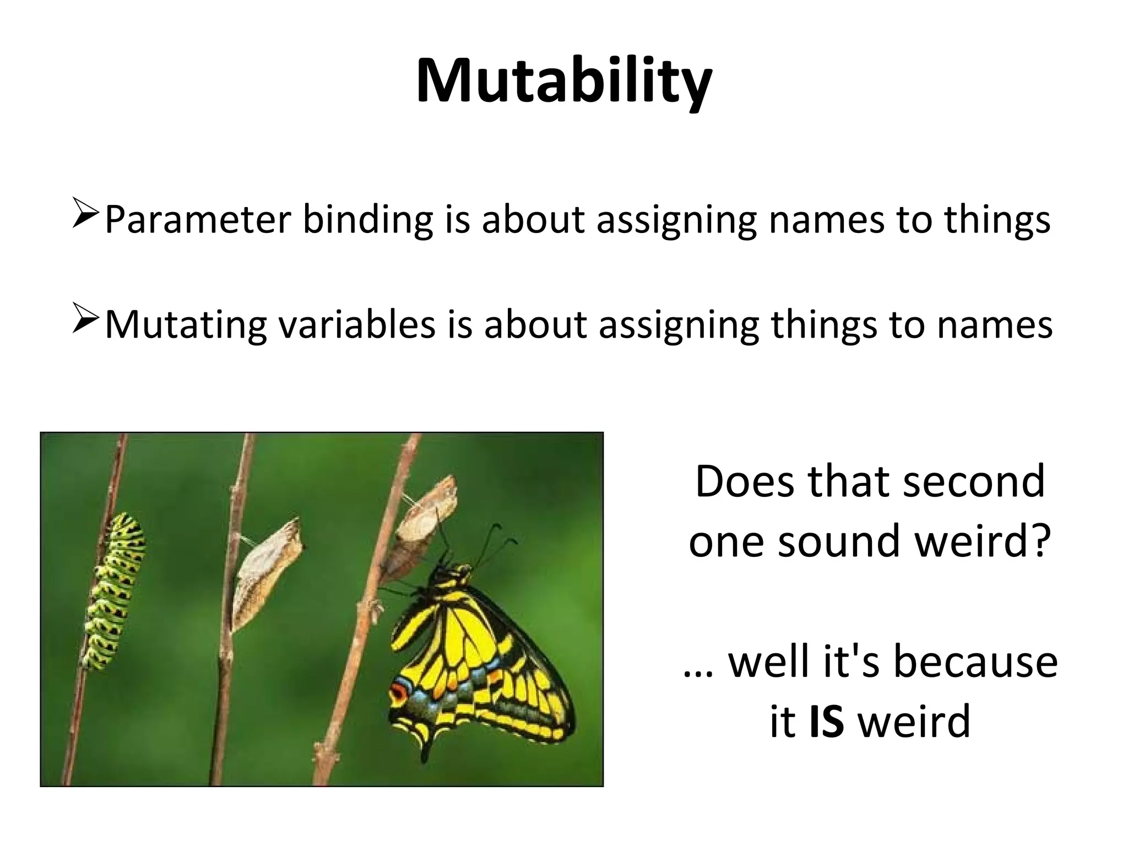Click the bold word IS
click(x=827, y=722)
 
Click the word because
click(x=975, y=661)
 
